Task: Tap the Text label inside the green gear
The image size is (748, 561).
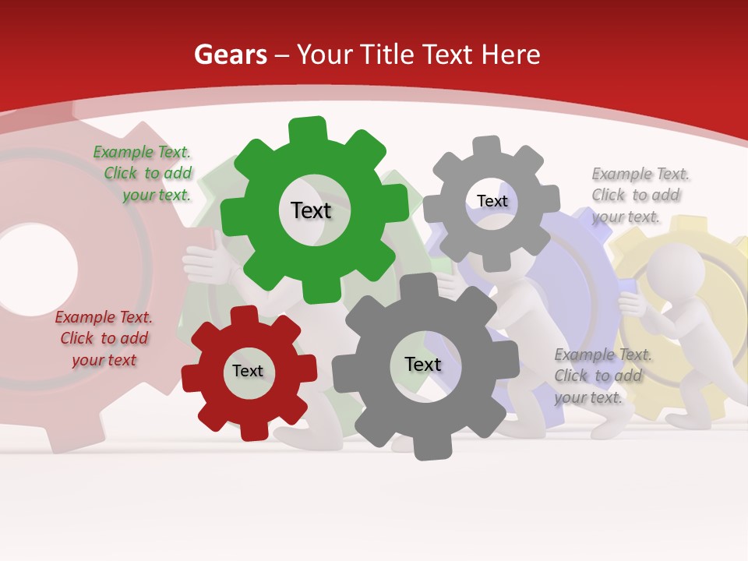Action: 311,210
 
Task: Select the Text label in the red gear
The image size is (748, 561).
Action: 248,371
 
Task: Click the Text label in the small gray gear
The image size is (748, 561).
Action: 492,201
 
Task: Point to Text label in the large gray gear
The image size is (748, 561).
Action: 423,364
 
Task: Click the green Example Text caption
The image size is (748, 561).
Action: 143,174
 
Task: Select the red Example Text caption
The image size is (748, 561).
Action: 104,338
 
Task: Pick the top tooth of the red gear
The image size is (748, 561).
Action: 244,315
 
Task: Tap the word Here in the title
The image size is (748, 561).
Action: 511,55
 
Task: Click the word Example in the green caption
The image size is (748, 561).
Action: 123,153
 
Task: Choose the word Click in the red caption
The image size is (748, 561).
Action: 77,338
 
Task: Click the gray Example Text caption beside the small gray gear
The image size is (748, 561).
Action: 640,195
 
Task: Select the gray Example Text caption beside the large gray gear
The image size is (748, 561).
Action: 603,376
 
